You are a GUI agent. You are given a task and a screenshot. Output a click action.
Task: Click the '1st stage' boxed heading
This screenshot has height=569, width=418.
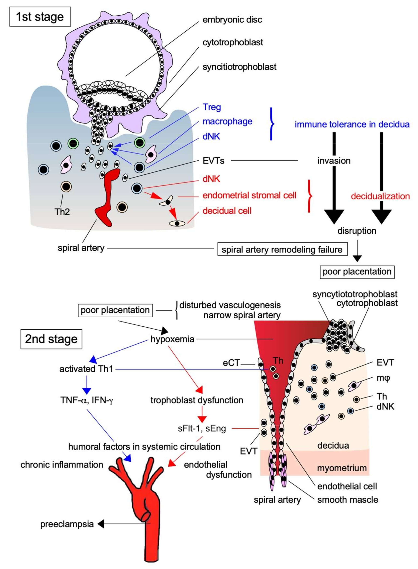40,17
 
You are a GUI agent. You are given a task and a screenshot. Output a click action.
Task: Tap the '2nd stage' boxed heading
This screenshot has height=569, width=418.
51,339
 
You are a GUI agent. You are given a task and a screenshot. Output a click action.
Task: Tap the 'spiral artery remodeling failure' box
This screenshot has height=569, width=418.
282,250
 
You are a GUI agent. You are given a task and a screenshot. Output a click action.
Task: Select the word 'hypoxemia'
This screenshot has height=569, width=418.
172,339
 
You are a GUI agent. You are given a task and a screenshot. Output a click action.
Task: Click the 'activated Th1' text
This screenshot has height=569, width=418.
86,369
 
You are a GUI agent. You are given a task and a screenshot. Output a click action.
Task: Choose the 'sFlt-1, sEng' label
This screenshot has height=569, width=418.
202,428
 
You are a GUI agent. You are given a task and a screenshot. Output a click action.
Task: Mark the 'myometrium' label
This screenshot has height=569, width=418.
342,468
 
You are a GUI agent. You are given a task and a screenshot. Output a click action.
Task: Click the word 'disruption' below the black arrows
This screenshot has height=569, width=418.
357,231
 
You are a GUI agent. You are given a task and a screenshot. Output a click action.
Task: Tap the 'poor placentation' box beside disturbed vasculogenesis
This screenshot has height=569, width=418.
115,310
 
